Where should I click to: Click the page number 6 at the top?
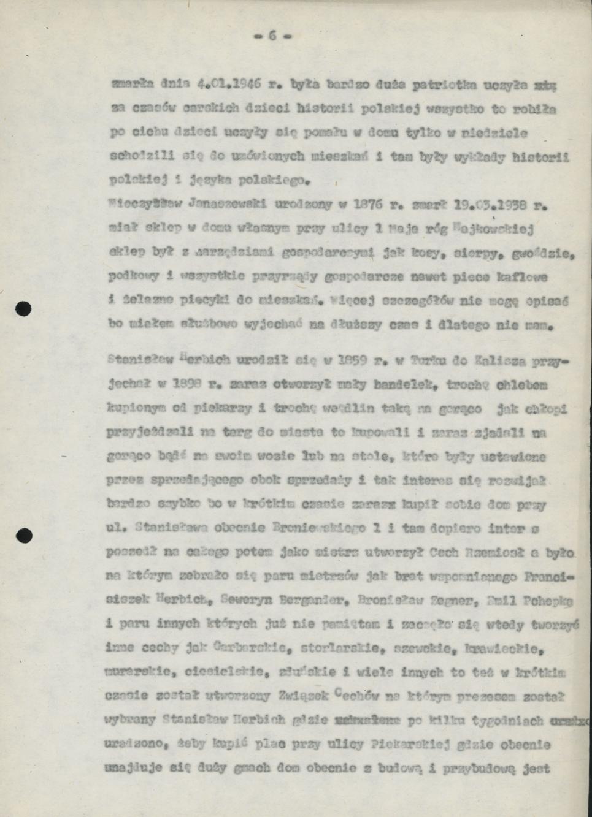(272, 36)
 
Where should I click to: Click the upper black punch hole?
(23, 309)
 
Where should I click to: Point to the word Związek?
(304, 696)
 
